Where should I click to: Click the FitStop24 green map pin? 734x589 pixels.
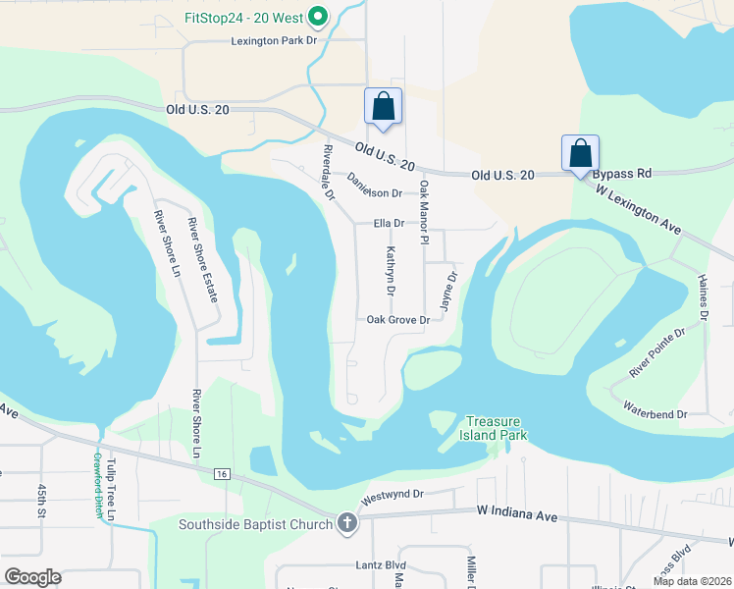click(x=317, y=16)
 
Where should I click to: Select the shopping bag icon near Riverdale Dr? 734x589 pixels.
click(x=382, y=106)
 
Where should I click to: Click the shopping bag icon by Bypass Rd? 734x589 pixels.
click(x=580, y=153)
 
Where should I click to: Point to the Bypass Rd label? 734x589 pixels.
click(x=622, y=174)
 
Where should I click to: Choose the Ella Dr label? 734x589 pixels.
click(x=390, y=224)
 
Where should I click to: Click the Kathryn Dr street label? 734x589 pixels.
click(x=390, y=272)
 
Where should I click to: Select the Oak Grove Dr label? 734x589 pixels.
click(x=398, y=320)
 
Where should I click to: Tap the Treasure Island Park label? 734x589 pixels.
click(x=497, y=428)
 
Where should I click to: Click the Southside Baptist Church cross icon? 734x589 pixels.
click(x=345, y=523)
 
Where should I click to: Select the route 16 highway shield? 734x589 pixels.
click(x=224, y=473)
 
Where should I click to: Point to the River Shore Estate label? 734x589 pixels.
click(x=203, y=259)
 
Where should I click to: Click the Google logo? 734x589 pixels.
click(x=32, y=576)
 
